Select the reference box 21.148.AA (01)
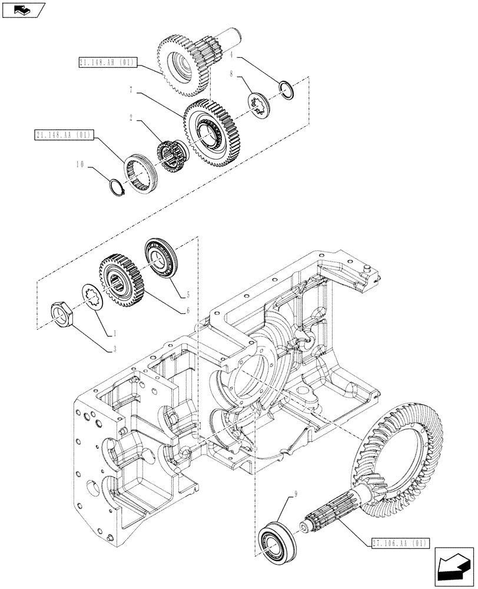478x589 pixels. tap(62, 135)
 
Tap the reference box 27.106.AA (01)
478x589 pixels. tap(401, 543)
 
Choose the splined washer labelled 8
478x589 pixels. tap(258, 105)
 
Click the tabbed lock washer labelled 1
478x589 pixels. tap(92, 295)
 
